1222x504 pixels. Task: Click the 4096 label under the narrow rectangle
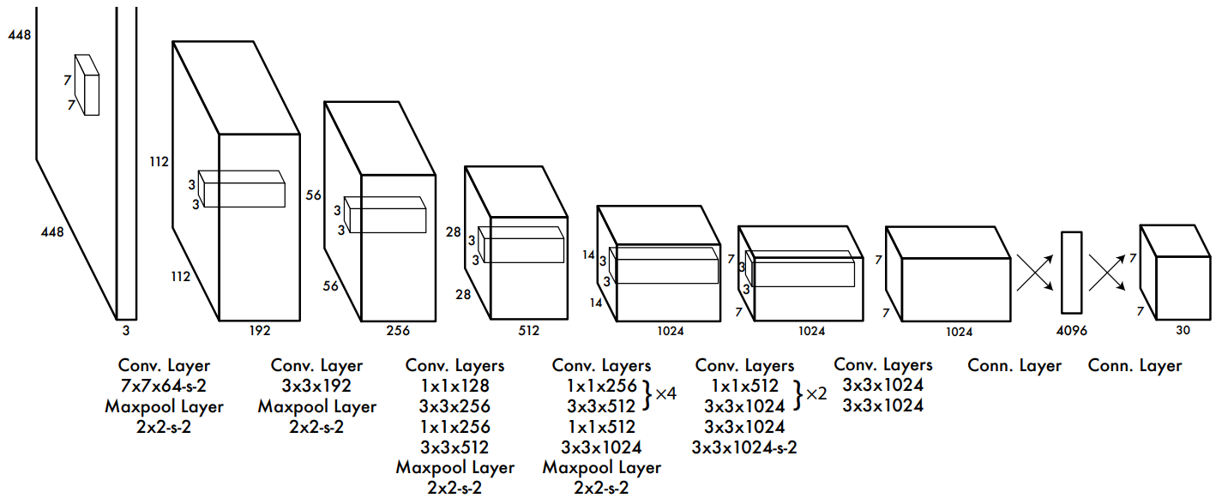pyautogui.click(x=1071, y=331)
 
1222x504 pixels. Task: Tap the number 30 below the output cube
pyautogui.click(x=1183, y=330)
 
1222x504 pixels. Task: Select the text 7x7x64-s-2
pyautogui.click(x=164, y=386)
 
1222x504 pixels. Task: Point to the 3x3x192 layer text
pyautogui.click(x=316, y=386)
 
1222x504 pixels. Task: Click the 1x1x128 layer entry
pyautogui.click(x=455, y=386)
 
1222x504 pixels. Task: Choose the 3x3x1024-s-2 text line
pyautogui.click(x=744, y=447)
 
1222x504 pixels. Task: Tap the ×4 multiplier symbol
pyautogui.click(x=665, y=393)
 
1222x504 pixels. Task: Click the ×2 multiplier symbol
pyautogui.click(x=816, y=393)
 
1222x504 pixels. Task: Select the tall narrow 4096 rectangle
pyautogui.click(x=1071, y=273)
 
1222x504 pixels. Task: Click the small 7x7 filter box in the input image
pyautogui.click(x=87, y=85)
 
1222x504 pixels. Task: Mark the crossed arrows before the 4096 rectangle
pyautogui.click(x=1035, y=273)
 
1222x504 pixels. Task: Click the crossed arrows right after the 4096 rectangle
pyautogui.click(x=1107, y=273)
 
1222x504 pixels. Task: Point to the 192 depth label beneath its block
pyautogui.click(x=260, y=331)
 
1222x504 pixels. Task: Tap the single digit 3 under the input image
pyautogui.click(x=126, y=331)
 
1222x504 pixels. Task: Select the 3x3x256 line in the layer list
pyautogui.click(x=455, y=406)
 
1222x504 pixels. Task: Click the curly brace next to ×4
pyautogui.click(x=647, y=395)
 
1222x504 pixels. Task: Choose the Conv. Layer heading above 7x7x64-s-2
pyautogui.click(x=164, y=365)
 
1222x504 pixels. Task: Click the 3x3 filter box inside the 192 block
pyautogui.click(x=242, y=189)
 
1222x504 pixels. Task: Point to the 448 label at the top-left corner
pyautogui.click(x=20, y=35)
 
